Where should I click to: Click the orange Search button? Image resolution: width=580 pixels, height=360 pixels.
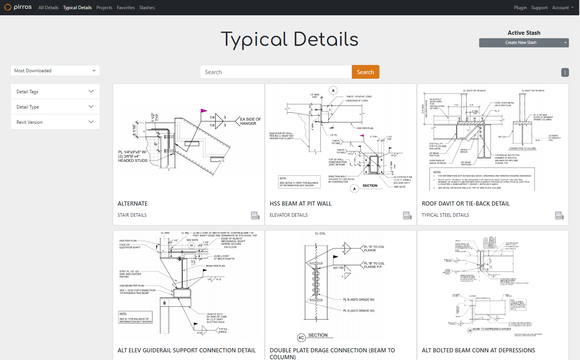point(365,72)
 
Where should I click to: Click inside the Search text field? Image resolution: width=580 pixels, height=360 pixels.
point(275,72)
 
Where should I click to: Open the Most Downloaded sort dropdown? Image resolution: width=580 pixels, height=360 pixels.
point(55,71)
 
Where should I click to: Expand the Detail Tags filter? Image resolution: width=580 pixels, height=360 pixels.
point(55,91)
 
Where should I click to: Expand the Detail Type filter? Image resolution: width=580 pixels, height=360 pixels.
point(55,107)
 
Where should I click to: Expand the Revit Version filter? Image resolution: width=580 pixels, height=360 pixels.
point(55,122)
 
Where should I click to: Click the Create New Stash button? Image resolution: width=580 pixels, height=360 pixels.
point(521,43)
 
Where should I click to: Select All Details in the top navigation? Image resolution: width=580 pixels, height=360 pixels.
point(48,8)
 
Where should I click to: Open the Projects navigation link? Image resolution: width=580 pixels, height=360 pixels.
point(104,8)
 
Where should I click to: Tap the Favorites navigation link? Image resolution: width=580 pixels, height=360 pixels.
point(126,8)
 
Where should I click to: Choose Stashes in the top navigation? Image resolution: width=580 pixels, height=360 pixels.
point(147,8)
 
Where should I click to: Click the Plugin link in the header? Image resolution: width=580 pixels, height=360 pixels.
point(520,8)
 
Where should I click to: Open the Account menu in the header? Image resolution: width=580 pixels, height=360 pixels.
point(562,8)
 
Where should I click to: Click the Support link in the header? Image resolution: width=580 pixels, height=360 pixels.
point(539,8)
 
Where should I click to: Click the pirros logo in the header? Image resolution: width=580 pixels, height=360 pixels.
point(18,7)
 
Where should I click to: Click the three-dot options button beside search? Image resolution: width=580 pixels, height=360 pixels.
point(565,72)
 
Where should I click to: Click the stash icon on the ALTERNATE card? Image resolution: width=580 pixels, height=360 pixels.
point(255,216)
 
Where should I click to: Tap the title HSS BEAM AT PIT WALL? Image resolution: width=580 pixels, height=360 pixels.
point(300,204)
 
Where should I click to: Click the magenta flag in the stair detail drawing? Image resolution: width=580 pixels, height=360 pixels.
point(204,111)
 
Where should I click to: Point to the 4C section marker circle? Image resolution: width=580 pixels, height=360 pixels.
point(301,337)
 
